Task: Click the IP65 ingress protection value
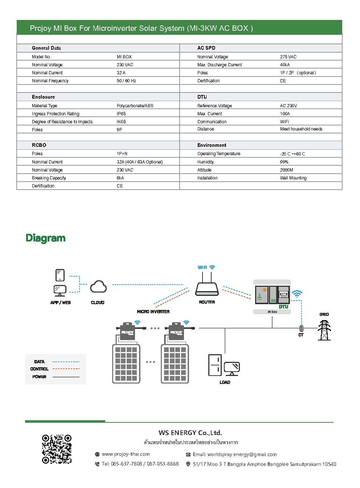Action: [121, 114]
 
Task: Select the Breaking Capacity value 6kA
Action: [120, 178]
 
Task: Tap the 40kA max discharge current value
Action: [285, 65]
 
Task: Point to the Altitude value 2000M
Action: [286, 170]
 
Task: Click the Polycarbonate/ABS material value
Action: [135, 106]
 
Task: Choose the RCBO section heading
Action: [39, 145]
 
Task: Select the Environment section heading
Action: [212, 145]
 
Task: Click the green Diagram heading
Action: [46, 238]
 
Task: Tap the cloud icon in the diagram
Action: [98, 287]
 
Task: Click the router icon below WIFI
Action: [207, 289]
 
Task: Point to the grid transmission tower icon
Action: [324, 330]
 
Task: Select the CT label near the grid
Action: [301, 335]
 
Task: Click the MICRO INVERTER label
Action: [153, 312]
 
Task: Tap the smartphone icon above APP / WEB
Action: [60, 275]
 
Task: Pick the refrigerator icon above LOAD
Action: [215, 365]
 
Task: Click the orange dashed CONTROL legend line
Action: [66, 369]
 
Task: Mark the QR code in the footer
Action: [57, 449]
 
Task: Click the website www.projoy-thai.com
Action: [126, 454]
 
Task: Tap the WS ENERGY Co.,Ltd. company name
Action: [190, 433]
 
